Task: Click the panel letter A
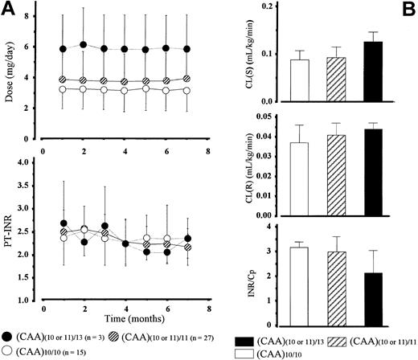point(9,10)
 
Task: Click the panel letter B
point(408,10)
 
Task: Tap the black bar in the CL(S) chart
point(372,72)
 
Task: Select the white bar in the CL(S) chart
point(299,81)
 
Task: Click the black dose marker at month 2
point(83,45)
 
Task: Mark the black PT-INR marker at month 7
point(187,238)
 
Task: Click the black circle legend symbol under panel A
point(7,334)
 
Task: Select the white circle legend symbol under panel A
point(7,351)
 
